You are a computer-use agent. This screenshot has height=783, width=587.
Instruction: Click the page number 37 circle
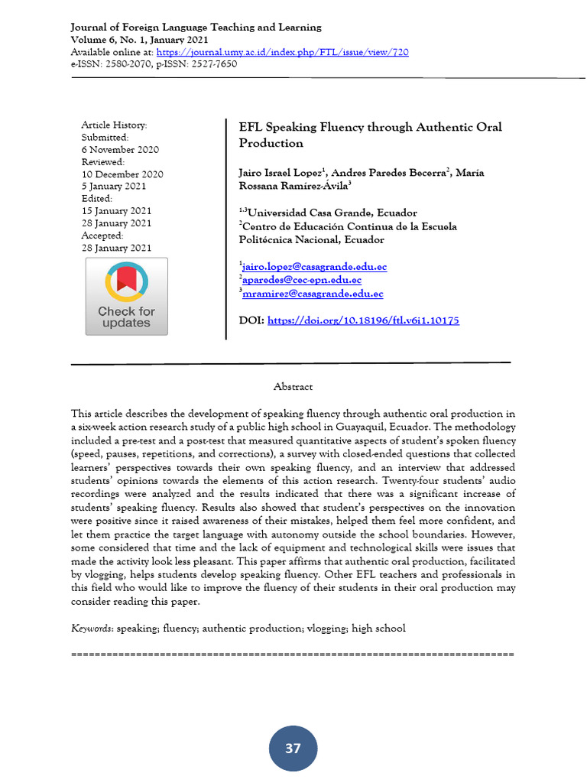point(293,748)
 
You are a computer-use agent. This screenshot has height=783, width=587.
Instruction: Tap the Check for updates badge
point(126,297)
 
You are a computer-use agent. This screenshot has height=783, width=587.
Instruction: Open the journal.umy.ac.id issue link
point(282,52)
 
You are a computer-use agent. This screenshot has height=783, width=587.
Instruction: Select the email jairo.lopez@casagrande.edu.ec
point(314,267)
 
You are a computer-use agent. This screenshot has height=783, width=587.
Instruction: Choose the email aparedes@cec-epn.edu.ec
point(302,280)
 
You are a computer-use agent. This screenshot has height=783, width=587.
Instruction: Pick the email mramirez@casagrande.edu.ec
point(313,294)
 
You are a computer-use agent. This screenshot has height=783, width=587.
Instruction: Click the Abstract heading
point(293,387)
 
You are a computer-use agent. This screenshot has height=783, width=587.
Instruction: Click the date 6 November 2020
point(120,150)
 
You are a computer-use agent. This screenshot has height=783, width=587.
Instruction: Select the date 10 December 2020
point(122,174)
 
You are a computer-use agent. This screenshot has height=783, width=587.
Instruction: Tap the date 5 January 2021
point(114,187)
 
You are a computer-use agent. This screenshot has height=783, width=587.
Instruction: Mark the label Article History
point(114,125)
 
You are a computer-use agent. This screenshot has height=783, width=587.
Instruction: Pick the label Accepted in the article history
point(102,236)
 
